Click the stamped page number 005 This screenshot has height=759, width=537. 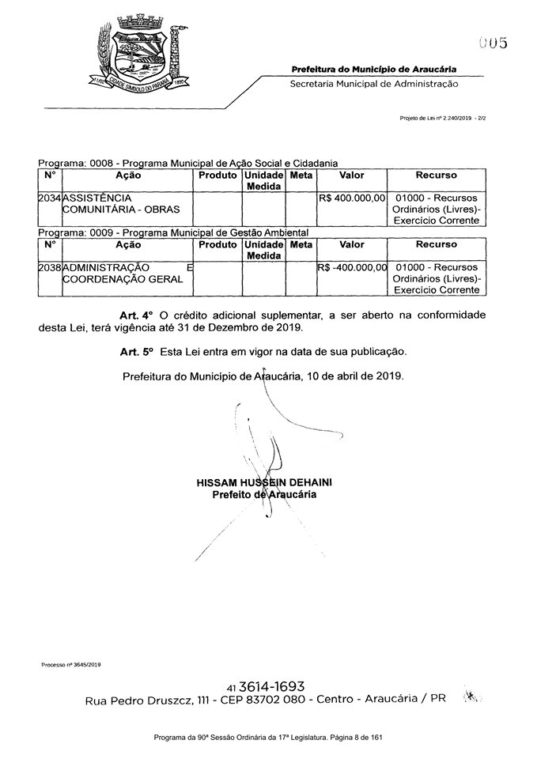coord(492,43)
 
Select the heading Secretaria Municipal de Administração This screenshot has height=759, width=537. coord(373,83)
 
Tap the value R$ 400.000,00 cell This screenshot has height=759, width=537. coord(351,198)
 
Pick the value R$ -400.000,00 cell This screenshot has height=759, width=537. coord(351,268)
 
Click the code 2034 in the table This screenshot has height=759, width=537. coord(49,198)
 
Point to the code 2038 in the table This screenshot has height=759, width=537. coord(49,268)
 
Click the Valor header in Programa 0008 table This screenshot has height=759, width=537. coord(351,175)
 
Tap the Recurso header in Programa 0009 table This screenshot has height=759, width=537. coord(436,245)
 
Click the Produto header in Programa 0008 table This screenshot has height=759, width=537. coord(217,175)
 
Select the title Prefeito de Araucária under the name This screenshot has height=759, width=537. coord(264,495)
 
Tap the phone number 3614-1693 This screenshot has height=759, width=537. coord(272,686)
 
